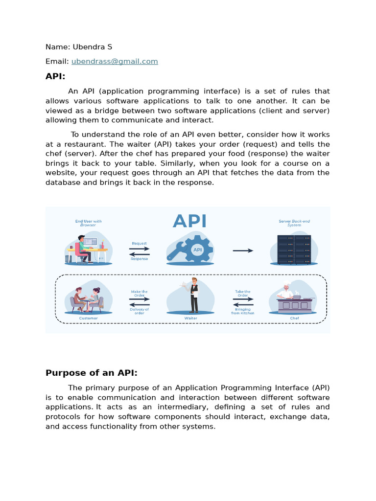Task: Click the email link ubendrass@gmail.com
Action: click(115, 61)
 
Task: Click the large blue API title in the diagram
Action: click(189, 221)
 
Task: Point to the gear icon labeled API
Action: click(196, 250)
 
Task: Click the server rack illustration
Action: click(294, 250)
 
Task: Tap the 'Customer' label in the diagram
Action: click(89, 318)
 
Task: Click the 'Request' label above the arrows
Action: click(139, 243)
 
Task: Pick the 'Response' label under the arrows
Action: click(139, 259)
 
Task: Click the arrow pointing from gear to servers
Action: click(243, 250)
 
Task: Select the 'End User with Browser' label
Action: click(89, 223)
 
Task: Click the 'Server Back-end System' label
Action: click(294, 223)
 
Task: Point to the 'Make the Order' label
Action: click(139, 294)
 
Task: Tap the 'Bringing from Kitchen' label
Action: click(243, 311)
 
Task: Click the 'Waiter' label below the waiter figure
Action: click(190, 318)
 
